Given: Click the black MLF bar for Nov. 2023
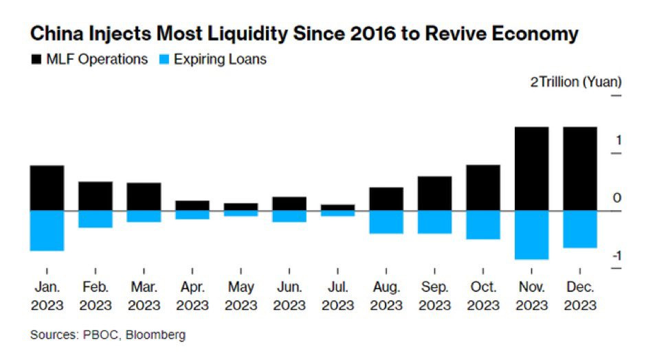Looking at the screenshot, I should pos(531,168).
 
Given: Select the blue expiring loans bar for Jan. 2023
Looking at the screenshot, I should pos(47,230).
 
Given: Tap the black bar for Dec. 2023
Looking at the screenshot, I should pos(579,168).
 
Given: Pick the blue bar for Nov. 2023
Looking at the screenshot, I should pos(531,234).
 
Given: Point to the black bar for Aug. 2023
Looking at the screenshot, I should pos(386,199).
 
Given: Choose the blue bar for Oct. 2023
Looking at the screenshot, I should pos(483,225).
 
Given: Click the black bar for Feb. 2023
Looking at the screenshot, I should pos(96,196).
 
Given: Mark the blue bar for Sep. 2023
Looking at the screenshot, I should pos(435,222).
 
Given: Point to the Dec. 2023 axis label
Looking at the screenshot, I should pos(579,295).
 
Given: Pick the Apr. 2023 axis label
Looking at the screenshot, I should pos(192,295).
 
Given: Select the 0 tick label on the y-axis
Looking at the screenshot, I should pos(617,198).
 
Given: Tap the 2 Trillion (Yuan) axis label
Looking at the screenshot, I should pos(575,82).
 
